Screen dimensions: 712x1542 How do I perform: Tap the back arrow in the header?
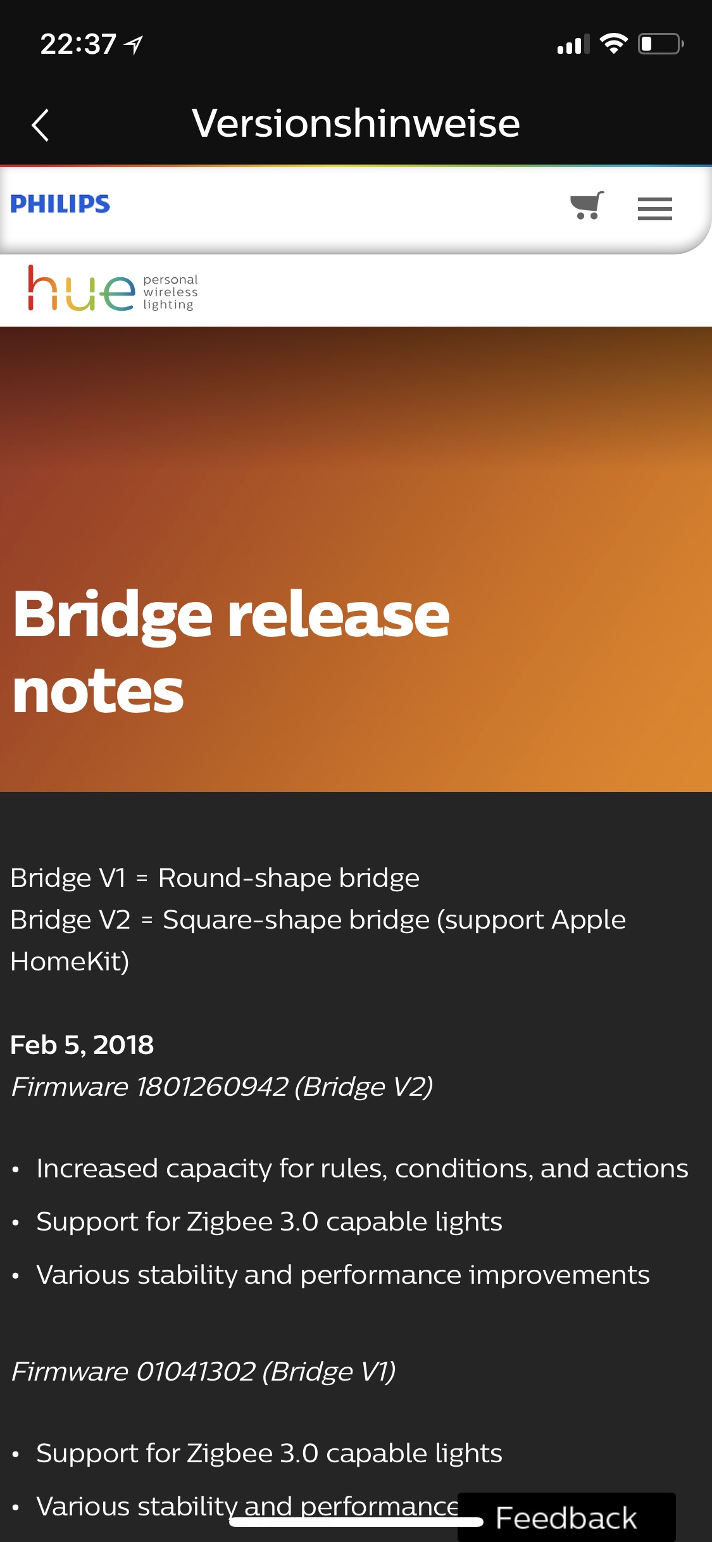(x=40, y=125)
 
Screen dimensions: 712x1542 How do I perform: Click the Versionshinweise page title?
(x=356, y=123)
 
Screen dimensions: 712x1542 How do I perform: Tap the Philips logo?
(x=60, y=204)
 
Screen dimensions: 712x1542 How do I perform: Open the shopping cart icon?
(x=587, y=206)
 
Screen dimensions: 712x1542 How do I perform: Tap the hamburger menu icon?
(x=655, y=209)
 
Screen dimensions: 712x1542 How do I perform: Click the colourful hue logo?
(x=81, y=289)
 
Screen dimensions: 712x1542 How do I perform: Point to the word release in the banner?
(x=339, y=616)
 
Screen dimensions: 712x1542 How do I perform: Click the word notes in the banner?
(x=98, y=692)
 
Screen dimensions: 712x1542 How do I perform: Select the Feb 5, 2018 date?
(x=82, y=1045)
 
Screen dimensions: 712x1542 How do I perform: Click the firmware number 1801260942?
(x=212, y=1087)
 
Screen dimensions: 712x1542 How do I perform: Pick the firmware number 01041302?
(x=196, y=1372)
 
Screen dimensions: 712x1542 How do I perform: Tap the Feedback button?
(x=566, y=1517)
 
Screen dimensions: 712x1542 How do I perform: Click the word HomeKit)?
(x=70, y=962)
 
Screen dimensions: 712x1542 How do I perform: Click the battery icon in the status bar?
(x=661, y=44)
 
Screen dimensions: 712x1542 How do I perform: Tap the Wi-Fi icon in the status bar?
(x=613, y=44)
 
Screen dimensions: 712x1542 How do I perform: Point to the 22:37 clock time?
(x=78, y=44)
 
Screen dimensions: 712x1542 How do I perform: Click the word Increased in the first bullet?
(x=97, y=1169)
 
